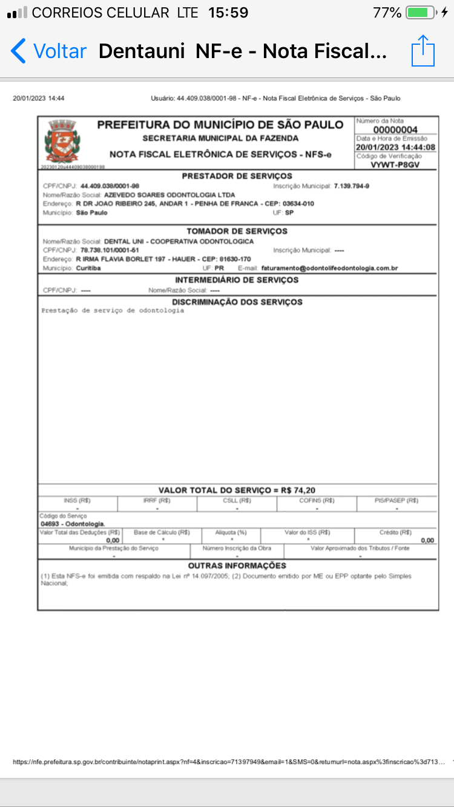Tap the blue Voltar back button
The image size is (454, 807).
(x=48, y=51)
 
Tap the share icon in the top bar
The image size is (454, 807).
(x=423, y=51)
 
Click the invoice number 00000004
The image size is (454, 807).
(x=395, y=130)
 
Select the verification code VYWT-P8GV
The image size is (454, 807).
(x=395, y=165)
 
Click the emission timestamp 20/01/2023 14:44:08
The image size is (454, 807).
(x=395, y=147)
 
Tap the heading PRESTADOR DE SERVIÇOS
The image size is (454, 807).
(x=237, y=176)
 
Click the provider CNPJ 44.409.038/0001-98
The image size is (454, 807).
(x=110, y=186)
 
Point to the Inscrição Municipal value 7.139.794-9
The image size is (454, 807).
(x=352, y=186)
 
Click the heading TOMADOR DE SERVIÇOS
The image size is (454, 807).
(x=237, y=231)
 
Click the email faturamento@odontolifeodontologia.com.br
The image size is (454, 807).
(x=330, y=268)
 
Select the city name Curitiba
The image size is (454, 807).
(x=88, y=268)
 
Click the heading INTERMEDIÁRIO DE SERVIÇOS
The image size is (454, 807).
(x=237, y=280)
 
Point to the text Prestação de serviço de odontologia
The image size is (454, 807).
(x=113, y=310)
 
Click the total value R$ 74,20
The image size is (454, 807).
(x=298, y=490)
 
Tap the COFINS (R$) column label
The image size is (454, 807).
(x=317, y=501)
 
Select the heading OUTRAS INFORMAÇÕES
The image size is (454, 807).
(x=237, y=566)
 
